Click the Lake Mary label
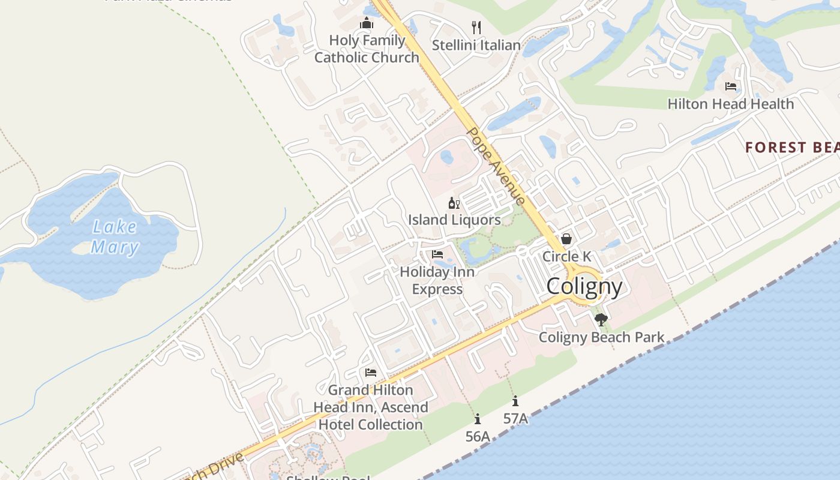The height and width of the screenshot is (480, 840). pos(114,237)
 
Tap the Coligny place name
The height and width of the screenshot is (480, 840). pos(584,287)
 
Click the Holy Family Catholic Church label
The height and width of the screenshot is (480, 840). pos(367,49)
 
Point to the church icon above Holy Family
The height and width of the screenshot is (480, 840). pos(367,24)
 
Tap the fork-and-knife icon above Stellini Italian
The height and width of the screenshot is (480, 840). pos(476,28)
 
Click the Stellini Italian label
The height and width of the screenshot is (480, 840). pos(476,45)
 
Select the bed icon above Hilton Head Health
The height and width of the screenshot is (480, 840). pos(731,86)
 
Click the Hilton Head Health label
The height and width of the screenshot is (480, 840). pos(730,104)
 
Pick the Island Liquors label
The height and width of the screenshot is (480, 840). pos(454,220)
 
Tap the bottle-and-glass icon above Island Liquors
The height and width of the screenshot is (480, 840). pos(454,203)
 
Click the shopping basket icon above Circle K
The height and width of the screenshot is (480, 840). pos(566,239)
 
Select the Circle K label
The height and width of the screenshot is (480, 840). pos(566,256)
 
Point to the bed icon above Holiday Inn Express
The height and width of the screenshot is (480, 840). pos(437,254)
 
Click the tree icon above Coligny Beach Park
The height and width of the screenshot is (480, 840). pos(601,320)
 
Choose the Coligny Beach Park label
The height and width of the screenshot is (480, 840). pos(601,337)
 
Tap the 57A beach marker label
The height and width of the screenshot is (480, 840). pos(515,419)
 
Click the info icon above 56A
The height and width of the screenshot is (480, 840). pos(478,419)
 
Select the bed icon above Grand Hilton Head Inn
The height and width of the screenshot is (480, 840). pos(371,373)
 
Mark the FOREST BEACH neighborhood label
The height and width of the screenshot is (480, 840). pos(792,148)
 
